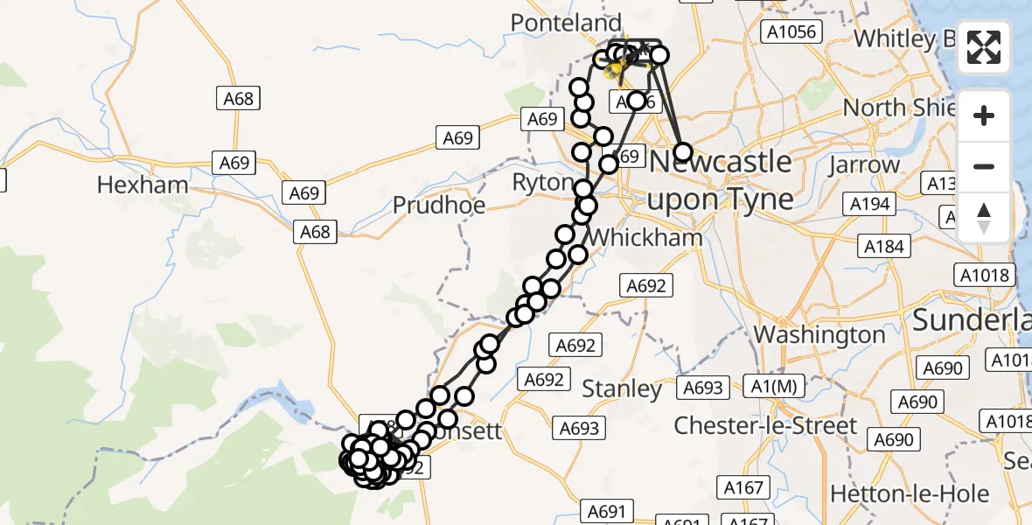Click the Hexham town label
click(143, 185)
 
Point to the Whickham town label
click(645, 237)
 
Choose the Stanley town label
click(622, 388)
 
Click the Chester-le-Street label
click(765, 426)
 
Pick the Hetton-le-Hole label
click(910, 493)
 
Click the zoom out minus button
click(984, 166)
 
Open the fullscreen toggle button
click(984, 47)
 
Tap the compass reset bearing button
click(984, 217)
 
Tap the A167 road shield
click(744, 487)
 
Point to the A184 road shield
click(883, 247)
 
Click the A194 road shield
click(870, 205)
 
